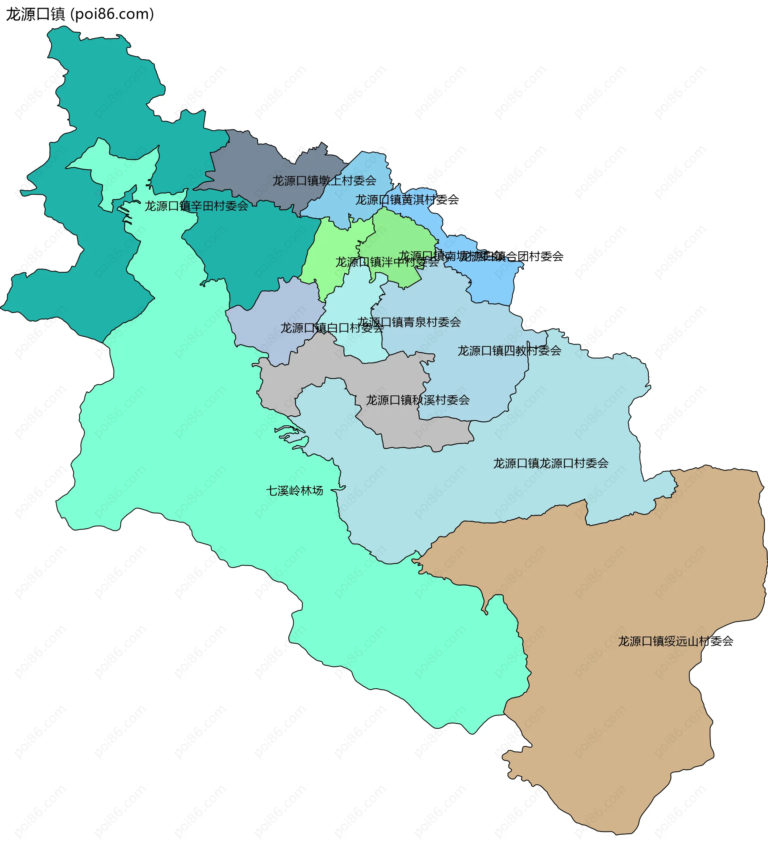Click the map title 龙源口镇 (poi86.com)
tap(80, 14)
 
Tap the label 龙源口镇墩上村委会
tap(324, 181)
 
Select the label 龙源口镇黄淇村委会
tap(407, 200)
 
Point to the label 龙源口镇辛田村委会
tap(196, 206)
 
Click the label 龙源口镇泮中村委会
tap(387, 262)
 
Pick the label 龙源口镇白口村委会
tap(332, 328)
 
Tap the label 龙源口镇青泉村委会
tap(409, 322)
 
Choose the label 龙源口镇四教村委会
tap(509, 351)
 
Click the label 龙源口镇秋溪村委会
tap(417, 400)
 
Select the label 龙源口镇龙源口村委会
tap(551, 463)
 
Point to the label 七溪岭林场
tap(294, 491)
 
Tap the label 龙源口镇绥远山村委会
tap(676, 641)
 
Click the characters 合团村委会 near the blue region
tap(540, 256)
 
